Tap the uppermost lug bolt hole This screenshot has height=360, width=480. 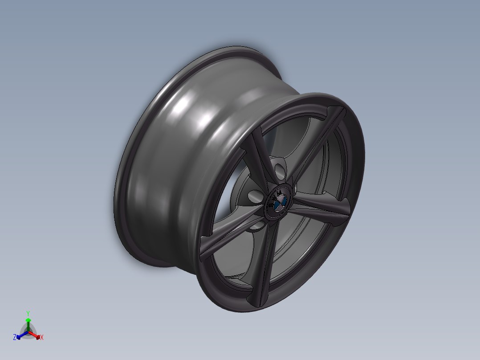pos(280,170)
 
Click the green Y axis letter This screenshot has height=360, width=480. pos(28,313)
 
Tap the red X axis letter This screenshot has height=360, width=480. pos(42,338)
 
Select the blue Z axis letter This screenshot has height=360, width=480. pos(15,338)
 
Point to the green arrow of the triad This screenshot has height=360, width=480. pos(28,322)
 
